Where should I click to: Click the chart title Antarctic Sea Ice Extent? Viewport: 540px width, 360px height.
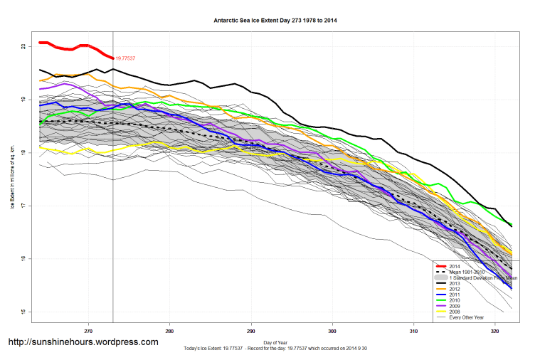click(x=275, y=21)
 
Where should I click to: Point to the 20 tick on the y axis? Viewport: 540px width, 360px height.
click(x=23, y=46)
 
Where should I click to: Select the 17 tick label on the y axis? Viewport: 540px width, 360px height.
click(x=23, y=206)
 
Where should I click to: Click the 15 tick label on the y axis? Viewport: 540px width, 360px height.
click(x=23, y=312)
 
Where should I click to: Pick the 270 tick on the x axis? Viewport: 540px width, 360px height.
click(x=88, y=330)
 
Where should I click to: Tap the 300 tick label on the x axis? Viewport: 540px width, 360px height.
click(x=332, y=330)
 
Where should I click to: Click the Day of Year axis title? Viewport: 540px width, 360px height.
click(x=275, y=343)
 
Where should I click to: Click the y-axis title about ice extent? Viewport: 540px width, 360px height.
click(x=13, y=179)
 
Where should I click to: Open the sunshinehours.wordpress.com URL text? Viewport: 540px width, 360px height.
click(x=83, y=342)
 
